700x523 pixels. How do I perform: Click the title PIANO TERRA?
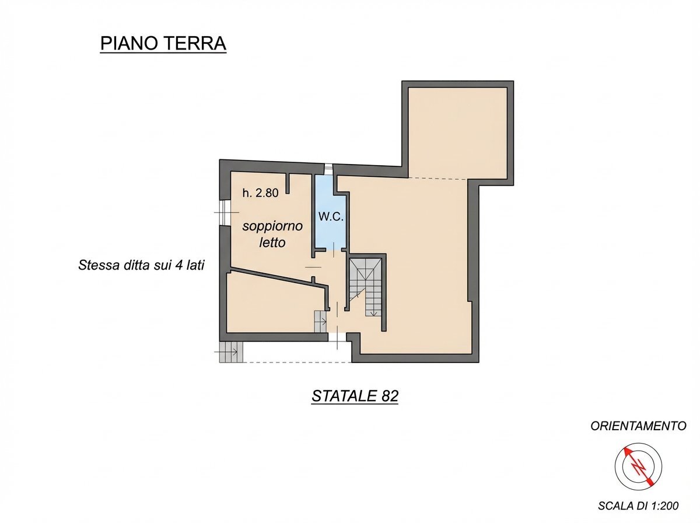pyautogui.click(x=163, y=44)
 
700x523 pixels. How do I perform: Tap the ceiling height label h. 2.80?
pyautogui.click(x=261, y=193)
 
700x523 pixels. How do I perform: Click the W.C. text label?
pyautogui.click(x=330, y=216)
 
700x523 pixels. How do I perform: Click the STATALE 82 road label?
pyautogui.click(x=355, y=396)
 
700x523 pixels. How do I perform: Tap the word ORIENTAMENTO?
pyautogui.click(x=638, y=426)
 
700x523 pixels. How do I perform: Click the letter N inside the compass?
pyautogui.click(x=639, y=466)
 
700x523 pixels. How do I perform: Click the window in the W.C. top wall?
pyautogui.click(x=329, y=169)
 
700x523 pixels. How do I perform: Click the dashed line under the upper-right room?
pyautogui.click(x=437, y=177)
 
